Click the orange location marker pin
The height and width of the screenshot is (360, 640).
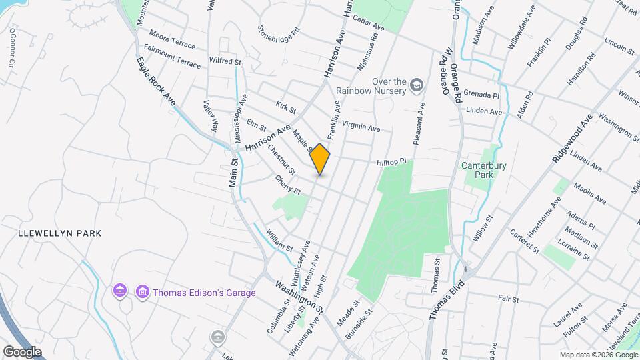click(320, 159)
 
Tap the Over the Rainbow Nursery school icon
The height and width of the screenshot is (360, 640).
click(417, 84)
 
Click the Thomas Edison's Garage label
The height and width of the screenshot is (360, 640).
click(195, 292)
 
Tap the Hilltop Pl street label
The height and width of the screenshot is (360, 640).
click(391, 162)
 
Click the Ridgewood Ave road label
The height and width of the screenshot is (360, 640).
click(571, 139)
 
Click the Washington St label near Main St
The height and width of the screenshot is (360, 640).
click(299, 297)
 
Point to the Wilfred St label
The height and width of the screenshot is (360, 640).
click(225, 61)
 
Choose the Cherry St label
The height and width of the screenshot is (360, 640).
click(288, 185)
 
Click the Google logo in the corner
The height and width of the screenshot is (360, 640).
click(23, 351)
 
